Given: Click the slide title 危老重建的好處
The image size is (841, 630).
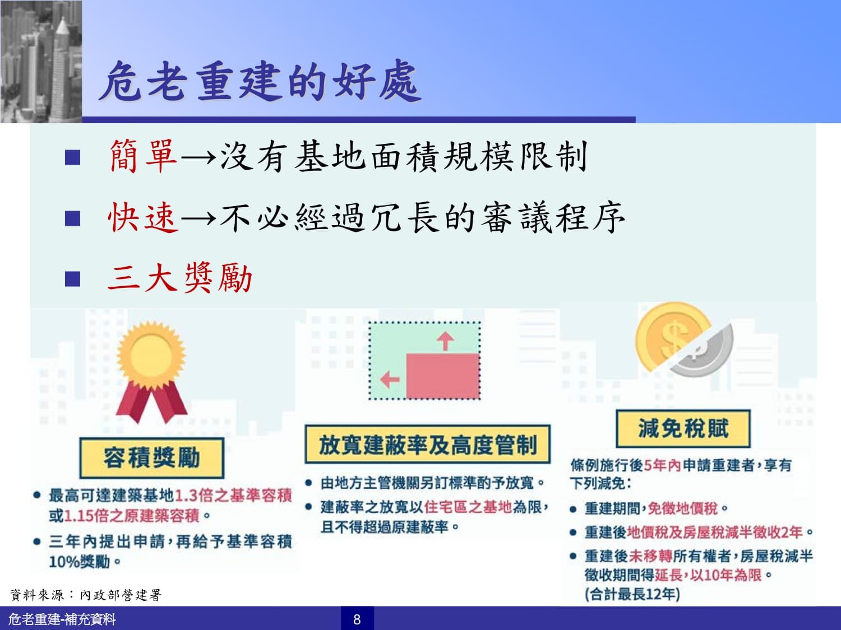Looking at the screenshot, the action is pyautogui.click(x=260, y=81).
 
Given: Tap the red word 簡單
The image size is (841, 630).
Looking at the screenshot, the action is pyautogui.click(x=144, y=156).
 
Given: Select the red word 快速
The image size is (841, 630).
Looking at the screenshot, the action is pyautogui.click(x=144, y=217).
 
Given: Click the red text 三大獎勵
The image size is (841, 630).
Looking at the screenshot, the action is pyautogui.click(x=180, y=278).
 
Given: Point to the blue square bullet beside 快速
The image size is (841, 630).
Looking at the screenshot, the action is pyautogui.click(x=72, y=218).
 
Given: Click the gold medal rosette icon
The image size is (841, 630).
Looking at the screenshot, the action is pyautogui.click(x=152, y=372).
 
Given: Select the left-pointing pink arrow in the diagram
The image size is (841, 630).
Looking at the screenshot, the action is pyautogui.click(x=390, y=380).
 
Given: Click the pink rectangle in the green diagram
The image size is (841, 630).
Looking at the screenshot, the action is pyautogui.click(x=443, y=376).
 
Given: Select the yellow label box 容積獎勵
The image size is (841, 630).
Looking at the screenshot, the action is pyautogui.click(x=152, y=458).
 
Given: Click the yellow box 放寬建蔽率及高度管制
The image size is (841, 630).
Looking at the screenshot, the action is pyautogui.click(x=428, y=444).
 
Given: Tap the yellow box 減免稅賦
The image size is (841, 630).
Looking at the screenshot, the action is pyautogui.click(x=683, y=428).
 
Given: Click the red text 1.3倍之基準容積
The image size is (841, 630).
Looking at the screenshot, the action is pyautogui.click(x=233, y=496).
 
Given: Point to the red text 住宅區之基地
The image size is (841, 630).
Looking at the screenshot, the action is pyautogui.click(x=468, y=507).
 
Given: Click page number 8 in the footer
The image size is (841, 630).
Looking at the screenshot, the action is pyautogui.click(x=357, y=619).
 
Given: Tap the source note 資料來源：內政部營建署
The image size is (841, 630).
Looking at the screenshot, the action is pyautogui.click(x=86, y=595).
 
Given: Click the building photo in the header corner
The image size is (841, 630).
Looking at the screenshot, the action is pyautogui.click(x=41, y=62).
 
